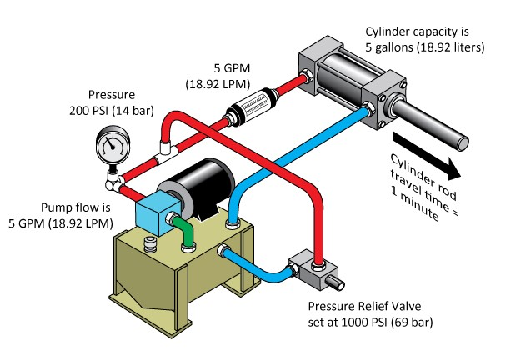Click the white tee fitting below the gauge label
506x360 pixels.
tap(168, 147)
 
